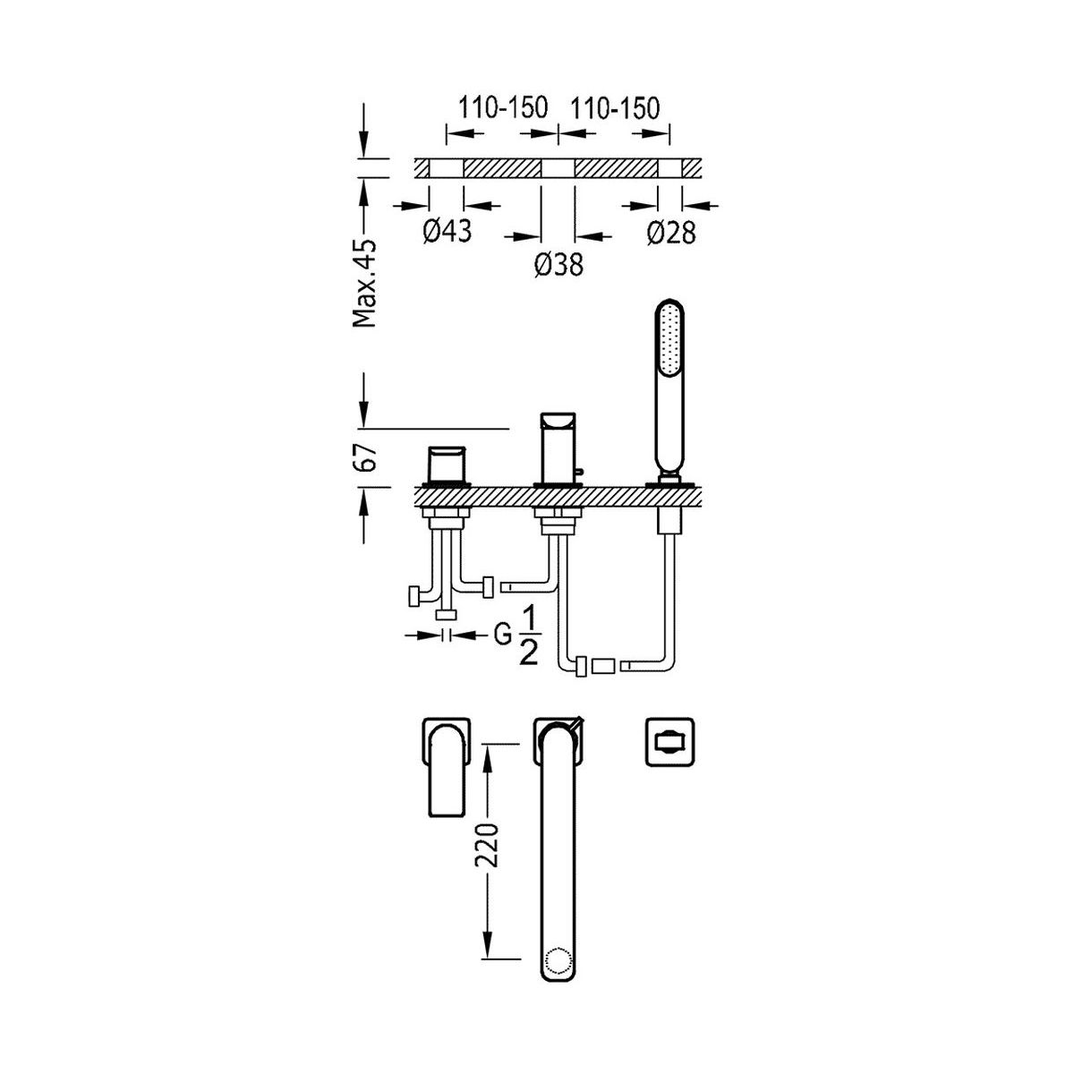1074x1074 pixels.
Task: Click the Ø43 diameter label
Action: [447, 230]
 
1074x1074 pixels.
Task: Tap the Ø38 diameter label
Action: [558, 264]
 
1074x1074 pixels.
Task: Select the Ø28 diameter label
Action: [671, 232]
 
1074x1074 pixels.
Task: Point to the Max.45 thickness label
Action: [365, 283]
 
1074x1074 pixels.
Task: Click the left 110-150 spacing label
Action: [503, 107]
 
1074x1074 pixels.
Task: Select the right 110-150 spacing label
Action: [614, 107]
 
